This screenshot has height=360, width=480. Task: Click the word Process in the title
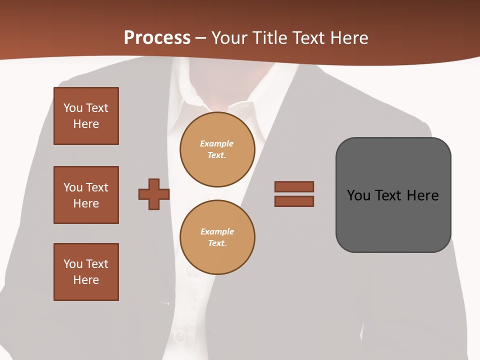(x=157, y=38)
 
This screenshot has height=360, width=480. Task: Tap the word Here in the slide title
(x=346, y=38)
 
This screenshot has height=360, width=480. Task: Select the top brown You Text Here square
(x=86, y=116)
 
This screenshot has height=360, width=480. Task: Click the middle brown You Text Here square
(x=86, y=195)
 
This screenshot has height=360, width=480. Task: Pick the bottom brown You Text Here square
(x=86, y=272)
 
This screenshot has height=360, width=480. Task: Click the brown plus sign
(x=154, y=194)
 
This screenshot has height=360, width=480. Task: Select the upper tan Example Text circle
(x=217, y=149)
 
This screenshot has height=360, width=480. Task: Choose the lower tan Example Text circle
(x=217, y=237)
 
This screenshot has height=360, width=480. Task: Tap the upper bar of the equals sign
(x=294, y=186)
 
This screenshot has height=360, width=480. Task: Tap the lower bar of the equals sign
(x=294, y=201)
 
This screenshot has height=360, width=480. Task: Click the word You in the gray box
(x=358, y=195)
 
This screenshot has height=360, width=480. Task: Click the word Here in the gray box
(x=422, y=195)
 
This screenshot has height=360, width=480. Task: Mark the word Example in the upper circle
(x=216, y=143)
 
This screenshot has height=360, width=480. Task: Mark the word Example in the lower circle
(x=217, y=231)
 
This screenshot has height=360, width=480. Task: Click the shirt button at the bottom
(x=180, y=335)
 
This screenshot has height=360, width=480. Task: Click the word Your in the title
(x=231, y=38)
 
